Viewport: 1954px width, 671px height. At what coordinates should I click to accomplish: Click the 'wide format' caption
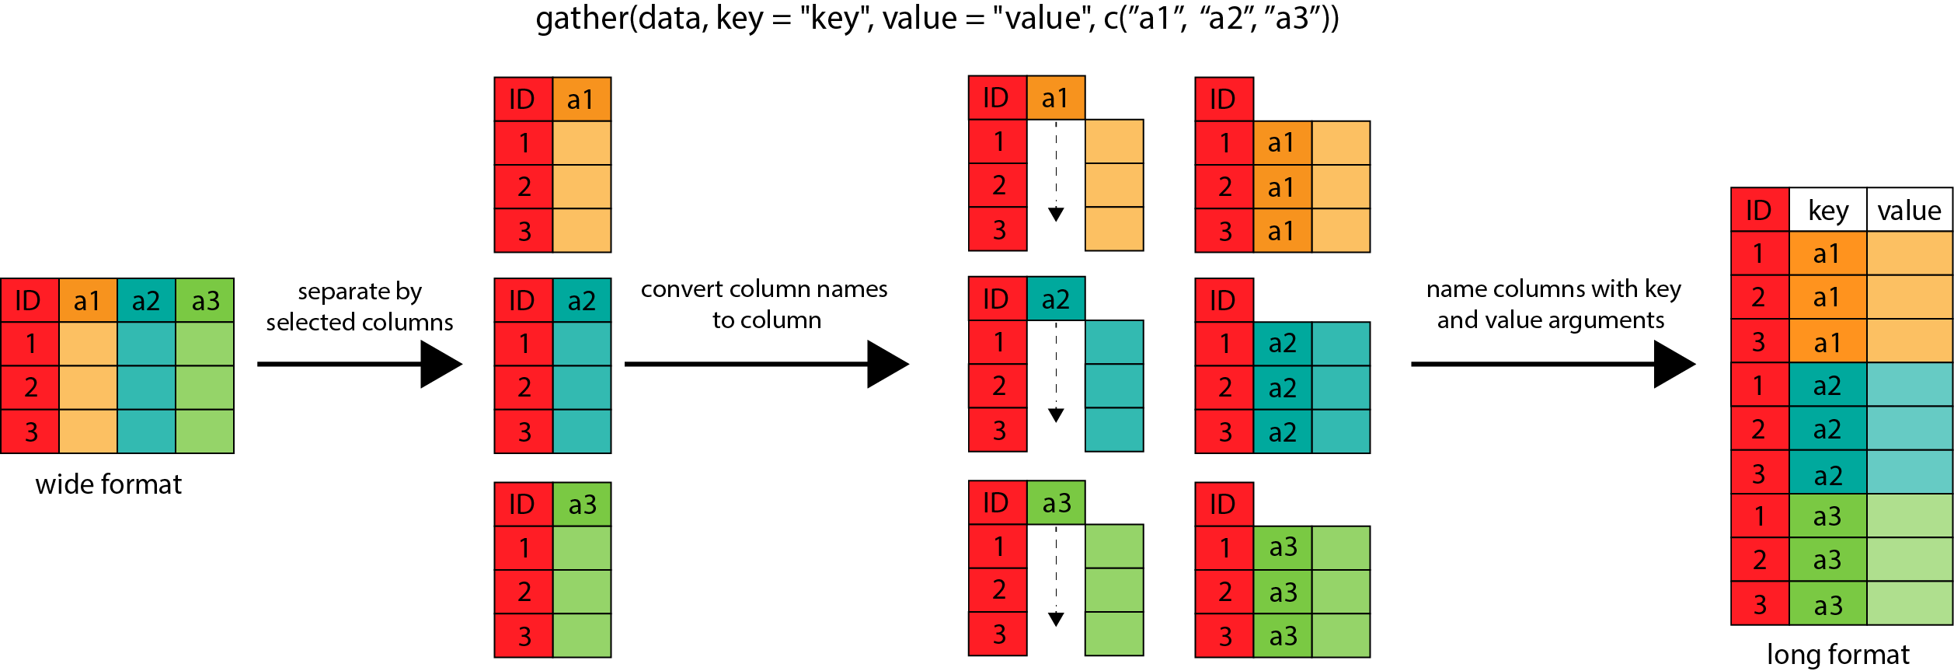(108, 484)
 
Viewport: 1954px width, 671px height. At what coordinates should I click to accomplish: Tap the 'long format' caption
(1837, 654)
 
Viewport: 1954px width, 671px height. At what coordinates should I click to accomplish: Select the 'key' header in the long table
(1827, 210)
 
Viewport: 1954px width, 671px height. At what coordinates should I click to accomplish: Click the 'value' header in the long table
(1909, 210)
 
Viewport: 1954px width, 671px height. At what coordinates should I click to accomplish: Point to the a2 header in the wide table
(146, 300)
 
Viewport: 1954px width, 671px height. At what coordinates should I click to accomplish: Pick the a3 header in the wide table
(205, 300)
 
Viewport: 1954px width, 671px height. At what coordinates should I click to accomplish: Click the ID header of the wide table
(29, 300)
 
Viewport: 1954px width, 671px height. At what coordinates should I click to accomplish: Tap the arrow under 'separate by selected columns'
(360, 364)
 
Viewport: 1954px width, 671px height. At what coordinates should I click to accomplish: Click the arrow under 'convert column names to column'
(766, 364)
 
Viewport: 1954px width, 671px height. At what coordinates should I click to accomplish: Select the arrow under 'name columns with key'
(1552, 364)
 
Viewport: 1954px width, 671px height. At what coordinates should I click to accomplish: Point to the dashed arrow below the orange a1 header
(1056, 171)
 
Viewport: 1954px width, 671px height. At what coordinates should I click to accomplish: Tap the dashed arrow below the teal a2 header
(1056, 372)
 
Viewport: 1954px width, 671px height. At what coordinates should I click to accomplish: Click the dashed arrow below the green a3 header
(1056, 576)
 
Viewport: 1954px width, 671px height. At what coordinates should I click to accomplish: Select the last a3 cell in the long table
(1827, 605)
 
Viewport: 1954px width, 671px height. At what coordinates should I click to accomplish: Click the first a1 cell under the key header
(1827, 253)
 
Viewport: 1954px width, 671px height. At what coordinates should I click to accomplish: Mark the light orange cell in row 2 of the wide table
(88, 387)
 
